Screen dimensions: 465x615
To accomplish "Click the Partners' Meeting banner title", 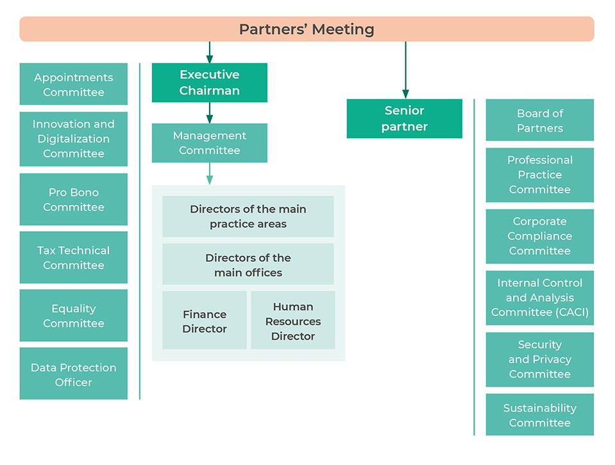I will click(307, 30).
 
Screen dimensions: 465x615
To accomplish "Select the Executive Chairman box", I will click(209, 83).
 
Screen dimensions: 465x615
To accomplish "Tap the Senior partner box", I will click(404, 119).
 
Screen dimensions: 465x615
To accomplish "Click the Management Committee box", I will click(209, 143).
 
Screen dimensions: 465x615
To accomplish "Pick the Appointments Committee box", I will click(74, 84).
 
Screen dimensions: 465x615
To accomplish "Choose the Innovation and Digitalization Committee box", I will click(74, 139).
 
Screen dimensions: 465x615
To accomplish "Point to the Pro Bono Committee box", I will click(74, 199).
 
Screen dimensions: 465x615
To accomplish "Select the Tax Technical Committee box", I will click(74, 258).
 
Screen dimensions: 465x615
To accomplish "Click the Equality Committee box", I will click(74, 315).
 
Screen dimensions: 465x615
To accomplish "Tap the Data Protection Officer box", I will click(74, 374).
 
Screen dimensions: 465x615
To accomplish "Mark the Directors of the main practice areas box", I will click(248, 216).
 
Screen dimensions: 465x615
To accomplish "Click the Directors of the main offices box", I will click(248, 264).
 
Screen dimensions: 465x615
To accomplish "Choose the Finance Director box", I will click(205, 320).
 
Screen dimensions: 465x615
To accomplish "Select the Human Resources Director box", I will click(293, 320).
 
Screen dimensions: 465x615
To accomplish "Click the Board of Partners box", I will click(540, 120).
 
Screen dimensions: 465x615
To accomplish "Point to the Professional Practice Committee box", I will click(540, 175).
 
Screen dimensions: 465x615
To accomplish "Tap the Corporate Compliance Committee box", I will click(540, 236).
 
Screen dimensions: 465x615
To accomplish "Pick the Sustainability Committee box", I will click(540, 415).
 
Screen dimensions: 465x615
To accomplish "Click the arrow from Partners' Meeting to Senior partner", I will click(405, 70).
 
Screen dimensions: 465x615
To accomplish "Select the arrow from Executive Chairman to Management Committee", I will click(209, 113).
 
